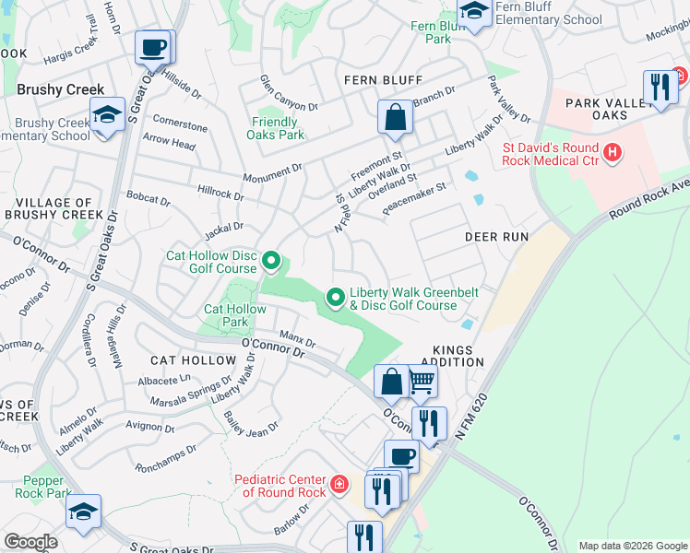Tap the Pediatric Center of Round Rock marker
tap(339, 482)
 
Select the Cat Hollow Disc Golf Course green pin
tap(270, 262)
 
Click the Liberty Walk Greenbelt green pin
tap(335, 297)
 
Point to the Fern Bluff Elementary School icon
tap(474, 14)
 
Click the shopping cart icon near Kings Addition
tap(422, 382)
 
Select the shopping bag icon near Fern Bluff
tap(395, 119)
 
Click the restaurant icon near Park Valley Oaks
tap(660, 88)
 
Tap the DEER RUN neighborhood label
tap(496, 237)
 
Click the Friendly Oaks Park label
tap(275, 128)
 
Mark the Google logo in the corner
tap(30, 541)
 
